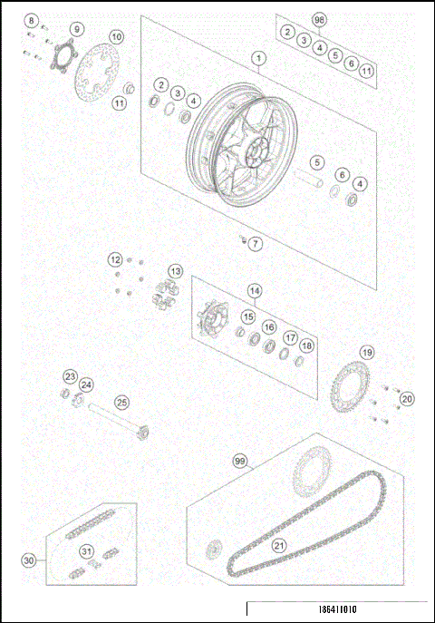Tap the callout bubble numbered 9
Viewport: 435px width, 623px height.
pos(76,29)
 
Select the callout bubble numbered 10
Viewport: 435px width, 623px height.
pos(117,37)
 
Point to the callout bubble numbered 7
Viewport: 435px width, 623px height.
pos(256,243)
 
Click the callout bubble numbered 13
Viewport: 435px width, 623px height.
pos(174,271)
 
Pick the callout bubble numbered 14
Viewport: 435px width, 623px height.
pos(255,291)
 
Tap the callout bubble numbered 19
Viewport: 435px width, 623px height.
pos(366,352)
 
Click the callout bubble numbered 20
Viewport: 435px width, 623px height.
pos(406,398)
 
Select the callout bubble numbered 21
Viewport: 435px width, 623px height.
pos(278,545)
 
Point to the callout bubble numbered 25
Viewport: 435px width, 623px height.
pos(121,402)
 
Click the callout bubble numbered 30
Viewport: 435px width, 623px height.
pos(29,560)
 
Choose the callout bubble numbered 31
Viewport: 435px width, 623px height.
pos(86,550)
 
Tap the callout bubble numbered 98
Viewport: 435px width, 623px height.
pos(318,18)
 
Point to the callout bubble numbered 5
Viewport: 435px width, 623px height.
pos(317,162)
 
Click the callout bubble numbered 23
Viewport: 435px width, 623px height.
pos(70,376)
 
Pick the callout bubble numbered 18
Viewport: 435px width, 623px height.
pos(306,346)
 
